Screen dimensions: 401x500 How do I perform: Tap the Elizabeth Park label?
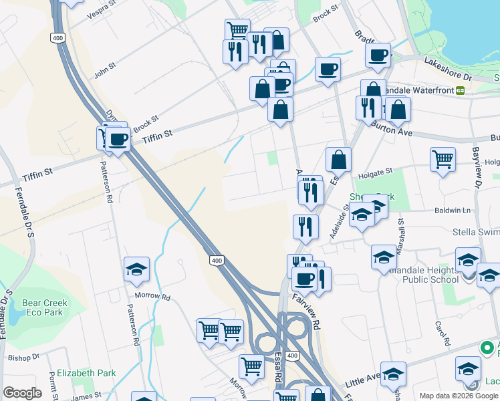point(86,374)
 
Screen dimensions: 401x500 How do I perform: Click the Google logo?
point(22,393)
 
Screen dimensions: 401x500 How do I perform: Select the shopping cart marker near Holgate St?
point(443,160)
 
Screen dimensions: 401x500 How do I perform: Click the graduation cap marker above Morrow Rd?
point(136,269)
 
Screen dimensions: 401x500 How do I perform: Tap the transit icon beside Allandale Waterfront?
point(460,90)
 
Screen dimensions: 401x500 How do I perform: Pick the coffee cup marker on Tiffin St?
point(118,140)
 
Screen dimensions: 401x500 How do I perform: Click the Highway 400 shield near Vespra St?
point(57,39)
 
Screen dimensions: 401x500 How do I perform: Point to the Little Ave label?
point(362,382)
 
